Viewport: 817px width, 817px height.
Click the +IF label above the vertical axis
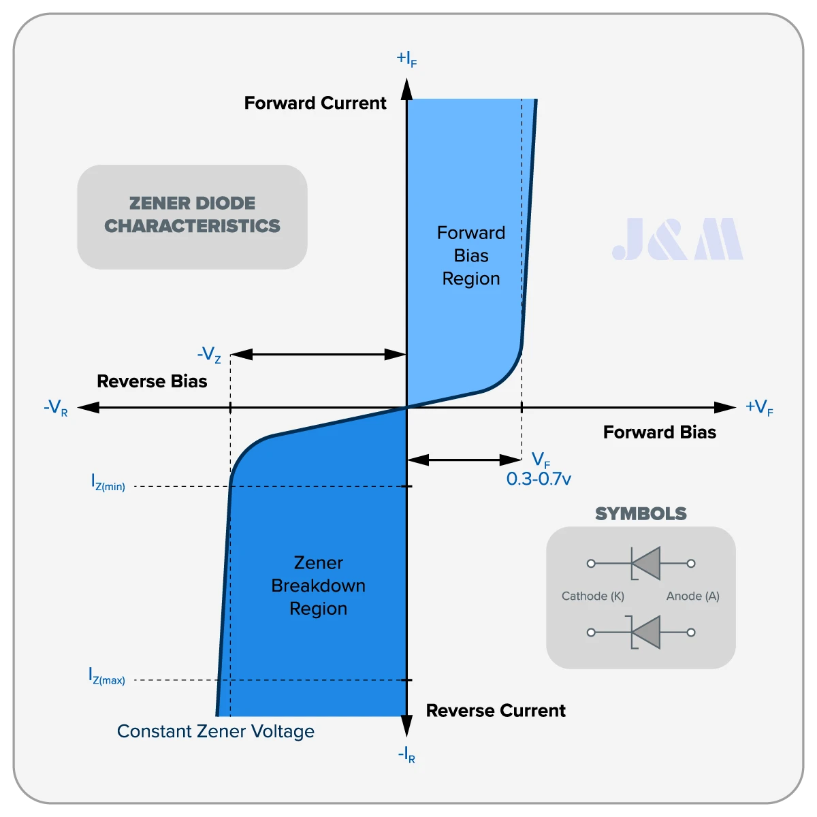click(406, 59)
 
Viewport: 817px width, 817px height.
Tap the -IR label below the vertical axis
click(406, 754)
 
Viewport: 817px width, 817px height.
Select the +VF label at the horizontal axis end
click(759, 407)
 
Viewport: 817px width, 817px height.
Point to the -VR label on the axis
click(56, 407)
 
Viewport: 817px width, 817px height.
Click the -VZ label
click(209, 355)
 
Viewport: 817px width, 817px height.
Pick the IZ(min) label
click(108, 483)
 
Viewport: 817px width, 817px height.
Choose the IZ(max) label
click(107, 676)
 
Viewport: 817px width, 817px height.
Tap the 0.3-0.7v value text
click(539, 479)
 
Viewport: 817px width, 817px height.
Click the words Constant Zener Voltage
click(216, 732)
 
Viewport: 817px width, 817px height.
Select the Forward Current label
click(315, 103)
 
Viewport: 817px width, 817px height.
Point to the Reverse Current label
click(496, 711)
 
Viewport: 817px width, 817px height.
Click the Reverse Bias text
click(153, 381)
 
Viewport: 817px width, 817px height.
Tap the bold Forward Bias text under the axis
click(660, 432)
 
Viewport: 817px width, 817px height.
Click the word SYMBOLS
click(641, 513)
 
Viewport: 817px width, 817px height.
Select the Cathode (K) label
click(593, 596)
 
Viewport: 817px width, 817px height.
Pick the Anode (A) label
click(693, 596)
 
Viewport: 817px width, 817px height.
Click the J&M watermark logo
click(677, 239)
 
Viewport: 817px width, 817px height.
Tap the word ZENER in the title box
click(156, 203)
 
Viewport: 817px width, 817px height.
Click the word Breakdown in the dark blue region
click(319, 586)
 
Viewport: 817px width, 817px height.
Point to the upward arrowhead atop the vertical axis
click(407, 89)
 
